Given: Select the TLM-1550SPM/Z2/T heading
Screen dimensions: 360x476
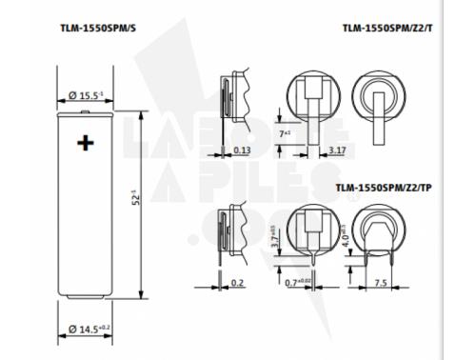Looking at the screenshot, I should pyautogui.click(x=387, y=29).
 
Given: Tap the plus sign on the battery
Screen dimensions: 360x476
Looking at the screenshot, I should pyautogui.click(x=87, y=143).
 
